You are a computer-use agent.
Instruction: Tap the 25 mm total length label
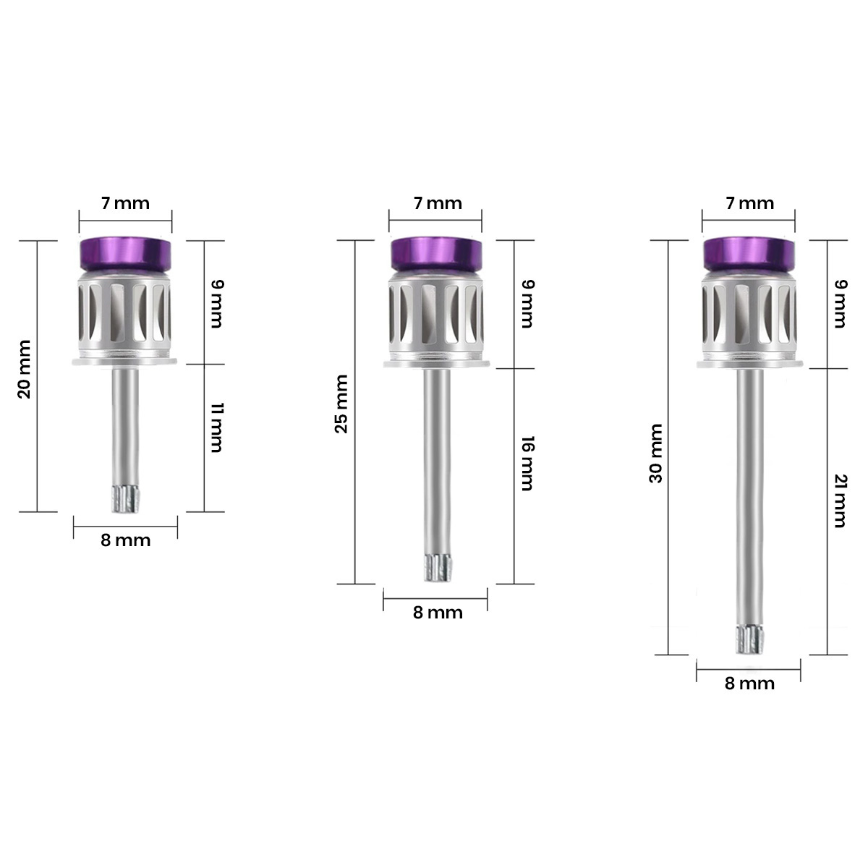click(x=341, y=404)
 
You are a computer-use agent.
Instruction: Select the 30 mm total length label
click(x=656, y=454)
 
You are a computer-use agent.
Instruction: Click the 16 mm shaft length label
click(x=527, y=463)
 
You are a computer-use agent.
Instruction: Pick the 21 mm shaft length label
click(x=840, y=501)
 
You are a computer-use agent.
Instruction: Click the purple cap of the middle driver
click(x=435, y=254)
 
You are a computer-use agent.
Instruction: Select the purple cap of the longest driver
click(x=749, y=254)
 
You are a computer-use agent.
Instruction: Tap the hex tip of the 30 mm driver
click(x=750, y=639)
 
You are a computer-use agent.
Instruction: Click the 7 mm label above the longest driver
click(x=750, y=203)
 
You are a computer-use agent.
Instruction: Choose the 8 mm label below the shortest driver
click(x=126, y=540)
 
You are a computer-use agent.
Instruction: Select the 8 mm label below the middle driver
click(x=438, y=613)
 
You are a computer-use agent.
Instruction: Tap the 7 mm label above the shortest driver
click(x=126, y=203)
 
